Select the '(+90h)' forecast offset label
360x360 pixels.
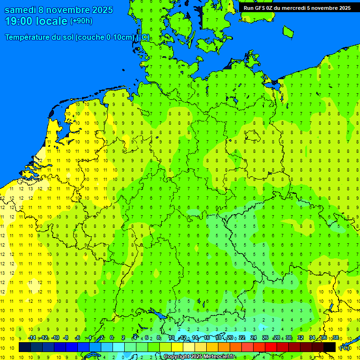point(81,21)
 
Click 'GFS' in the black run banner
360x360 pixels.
point(261,8)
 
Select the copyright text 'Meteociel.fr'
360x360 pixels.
point(219,357)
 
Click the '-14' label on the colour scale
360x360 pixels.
point(32,338)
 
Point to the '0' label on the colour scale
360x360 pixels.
point(111,338)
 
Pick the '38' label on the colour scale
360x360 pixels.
point(336,338)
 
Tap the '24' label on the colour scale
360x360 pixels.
point(254,338)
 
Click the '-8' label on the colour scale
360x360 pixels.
point(66,338)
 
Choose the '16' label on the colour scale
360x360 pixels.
point(207,338)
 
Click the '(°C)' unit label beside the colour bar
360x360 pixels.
point(345,348)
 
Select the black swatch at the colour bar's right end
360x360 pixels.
point(330,347)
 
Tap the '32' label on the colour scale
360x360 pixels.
point(300,338)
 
